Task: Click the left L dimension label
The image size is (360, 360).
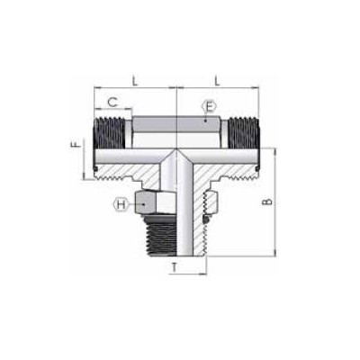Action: [133, 81]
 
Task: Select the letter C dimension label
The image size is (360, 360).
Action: [112, 102]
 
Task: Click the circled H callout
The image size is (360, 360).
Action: [121, 205]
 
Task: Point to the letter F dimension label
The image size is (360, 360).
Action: [76, 144]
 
